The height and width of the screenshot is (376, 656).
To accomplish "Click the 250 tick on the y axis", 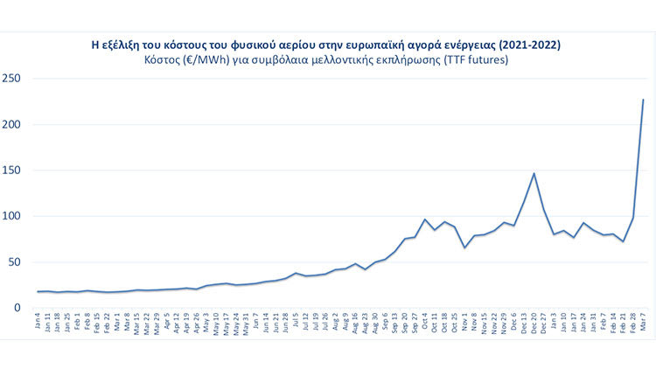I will (x=11, y=79).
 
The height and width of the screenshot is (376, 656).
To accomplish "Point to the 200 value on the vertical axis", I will (x=11, y=124).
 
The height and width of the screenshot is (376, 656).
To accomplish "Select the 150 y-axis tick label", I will (x=11, y=171).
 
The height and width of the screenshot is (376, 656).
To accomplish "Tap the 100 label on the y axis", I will (x=11, y=216).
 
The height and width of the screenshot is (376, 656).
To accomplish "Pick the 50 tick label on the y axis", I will (x=14, y=261).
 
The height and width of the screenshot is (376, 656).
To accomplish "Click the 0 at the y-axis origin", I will (x=17, y=308).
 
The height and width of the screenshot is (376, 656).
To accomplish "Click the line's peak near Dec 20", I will (x=534, y=173).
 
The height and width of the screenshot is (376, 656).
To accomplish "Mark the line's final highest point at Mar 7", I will (x=643, y=100).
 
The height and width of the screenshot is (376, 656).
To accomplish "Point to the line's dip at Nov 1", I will (x=464, y=247).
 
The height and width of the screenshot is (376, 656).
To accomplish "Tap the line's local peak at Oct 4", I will (x=425, y=219).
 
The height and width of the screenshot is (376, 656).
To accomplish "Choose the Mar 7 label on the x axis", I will (x=643, y=324).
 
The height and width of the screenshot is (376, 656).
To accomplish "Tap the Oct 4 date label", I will (x=425, y=324).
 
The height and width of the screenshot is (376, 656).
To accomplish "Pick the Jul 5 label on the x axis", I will (x=297, y=323).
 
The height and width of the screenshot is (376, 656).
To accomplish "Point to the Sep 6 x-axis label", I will (x=386, y=324).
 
